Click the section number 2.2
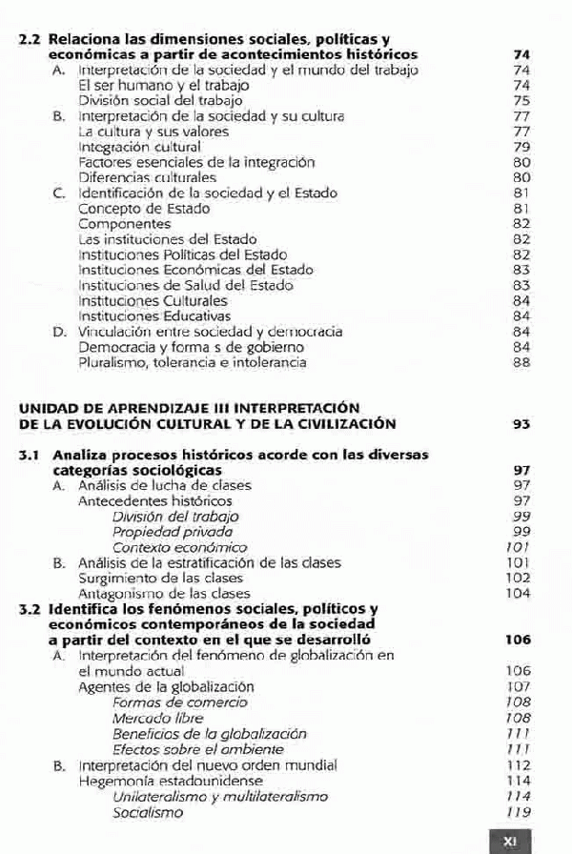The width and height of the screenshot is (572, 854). pos(31,41)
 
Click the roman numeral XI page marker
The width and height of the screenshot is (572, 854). pos(509,842)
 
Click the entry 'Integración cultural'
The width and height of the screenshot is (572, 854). pos(139,147)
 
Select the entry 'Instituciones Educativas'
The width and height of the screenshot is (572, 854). pos(154,315)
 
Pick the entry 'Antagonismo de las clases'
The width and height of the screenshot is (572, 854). pos(151,593)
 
